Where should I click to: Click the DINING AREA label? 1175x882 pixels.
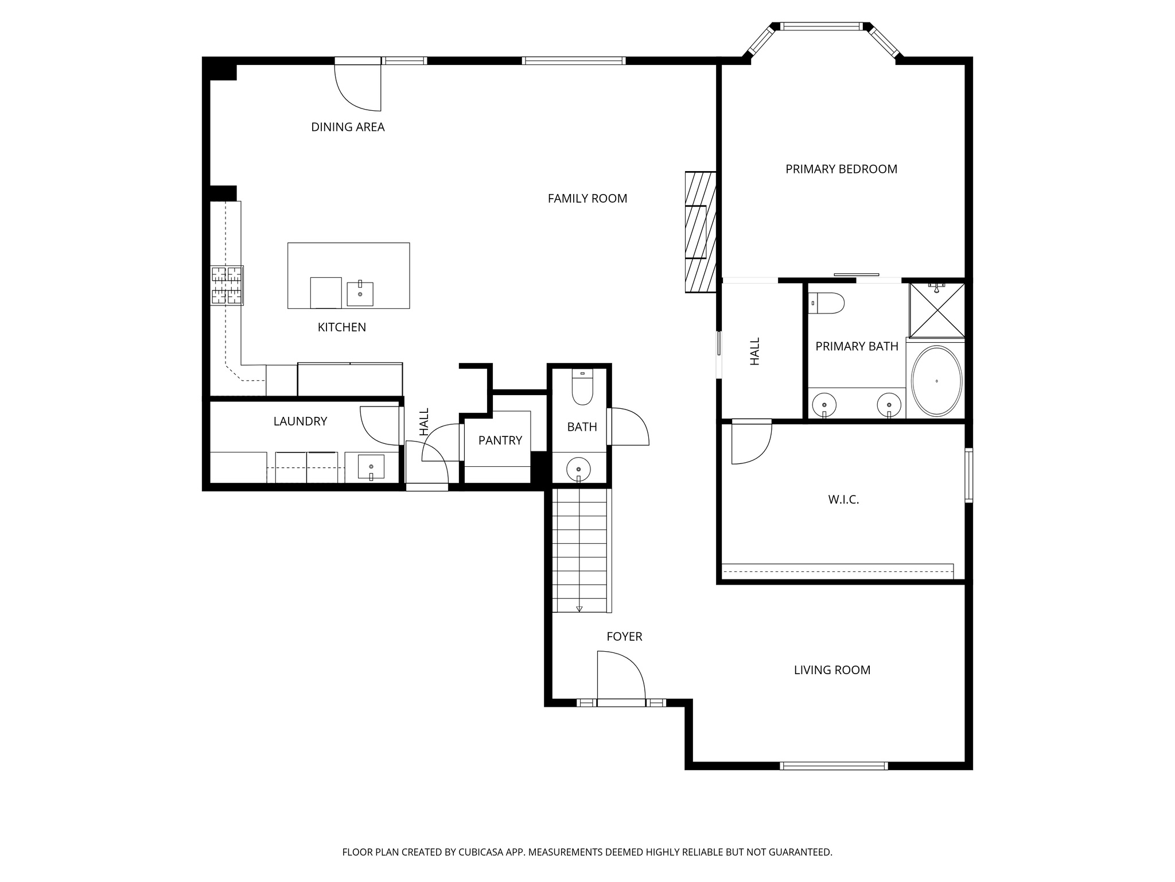click(348, 127)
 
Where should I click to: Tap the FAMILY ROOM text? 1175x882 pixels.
click(587, 199)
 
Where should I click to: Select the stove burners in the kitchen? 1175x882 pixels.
click(227, 285)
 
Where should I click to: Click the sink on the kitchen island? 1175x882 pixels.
click(360, 293)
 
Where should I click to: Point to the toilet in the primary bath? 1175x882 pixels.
click(827, 303)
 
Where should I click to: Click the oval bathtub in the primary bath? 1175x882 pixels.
click(936, 381)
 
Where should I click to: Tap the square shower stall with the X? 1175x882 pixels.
click(937, 310)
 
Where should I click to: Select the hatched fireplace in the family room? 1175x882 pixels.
click(701, 232)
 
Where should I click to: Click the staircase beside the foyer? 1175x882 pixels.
click(579, 550)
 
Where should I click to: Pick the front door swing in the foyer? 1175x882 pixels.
click(621, 676)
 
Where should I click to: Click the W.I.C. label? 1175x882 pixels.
click(843, 500)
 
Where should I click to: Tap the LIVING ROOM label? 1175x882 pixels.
click(831, 670)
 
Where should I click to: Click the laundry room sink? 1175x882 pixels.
click(371, 466)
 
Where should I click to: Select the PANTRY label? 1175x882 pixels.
click(500, 440)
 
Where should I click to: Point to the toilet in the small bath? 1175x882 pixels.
click(582, 388)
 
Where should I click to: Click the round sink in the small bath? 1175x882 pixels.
click(578, 469)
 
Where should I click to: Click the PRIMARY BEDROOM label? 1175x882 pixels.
click(841, 169)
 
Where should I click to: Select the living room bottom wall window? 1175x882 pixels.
click(834, 765)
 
